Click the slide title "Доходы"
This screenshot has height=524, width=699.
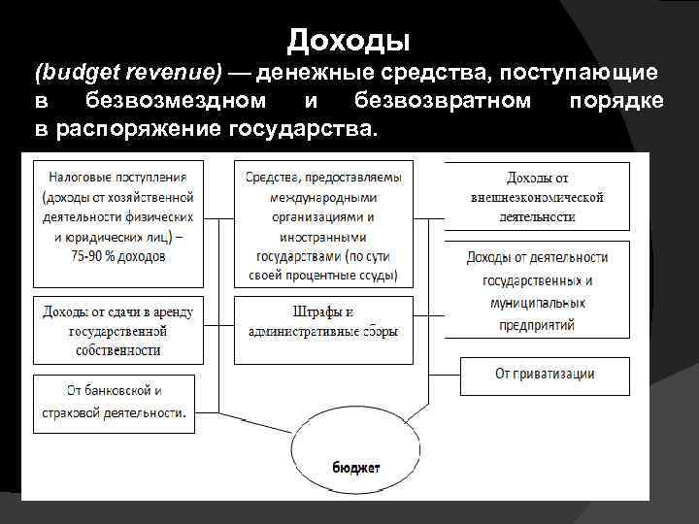[x=349, y=40]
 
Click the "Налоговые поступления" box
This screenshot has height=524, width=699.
[x=118, y=216]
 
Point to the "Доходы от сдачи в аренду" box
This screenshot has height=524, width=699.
[x=118, y=330]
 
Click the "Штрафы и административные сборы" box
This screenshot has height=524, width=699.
[x=323, y=322]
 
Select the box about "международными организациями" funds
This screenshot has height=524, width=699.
[x=323, y=224]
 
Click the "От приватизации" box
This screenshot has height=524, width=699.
[x=544, y=375]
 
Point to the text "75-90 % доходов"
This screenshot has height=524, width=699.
[x=118, y=256]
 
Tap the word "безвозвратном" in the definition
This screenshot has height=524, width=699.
[x=443, y=101]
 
